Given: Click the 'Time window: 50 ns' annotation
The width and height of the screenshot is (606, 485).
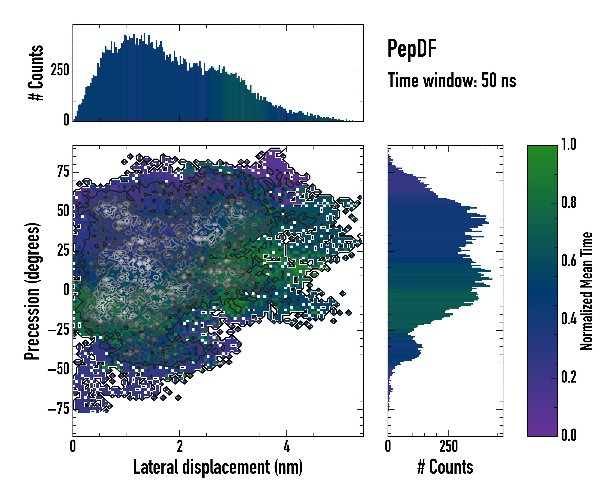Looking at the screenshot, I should [452, 80].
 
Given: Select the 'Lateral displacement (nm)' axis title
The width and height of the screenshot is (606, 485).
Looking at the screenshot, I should [218, 467].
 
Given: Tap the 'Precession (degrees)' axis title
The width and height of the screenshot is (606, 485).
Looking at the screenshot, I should [32, 291].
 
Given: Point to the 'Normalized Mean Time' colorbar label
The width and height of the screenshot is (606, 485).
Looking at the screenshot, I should [586, 291].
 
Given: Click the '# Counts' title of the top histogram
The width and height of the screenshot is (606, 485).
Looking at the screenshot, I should [36, 73].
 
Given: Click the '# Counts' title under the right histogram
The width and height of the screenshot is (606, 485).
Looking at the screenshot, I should [445, 467].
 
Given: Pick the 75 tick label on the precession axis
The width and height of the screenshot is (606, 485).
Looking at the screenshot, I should [63, 172].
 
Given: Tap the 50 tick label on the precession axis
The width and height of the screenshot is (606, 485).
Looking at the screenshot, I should [63, 211].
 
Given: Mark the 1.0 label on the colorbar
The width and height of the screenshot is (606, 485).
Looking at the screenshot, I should [569, 144].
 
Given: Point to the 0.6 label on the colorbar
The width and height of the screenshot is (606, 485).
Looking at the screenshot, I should [569, 261].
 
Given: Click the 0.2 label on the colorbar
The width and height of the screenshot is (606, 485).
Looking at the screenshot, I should [569, 377].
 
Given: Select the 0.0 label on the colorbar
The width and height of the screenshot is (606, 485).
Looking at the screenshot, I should [569, 435].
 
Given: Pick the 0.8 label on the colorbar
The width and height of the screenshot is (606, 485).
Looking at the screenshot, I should [569, 202].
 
